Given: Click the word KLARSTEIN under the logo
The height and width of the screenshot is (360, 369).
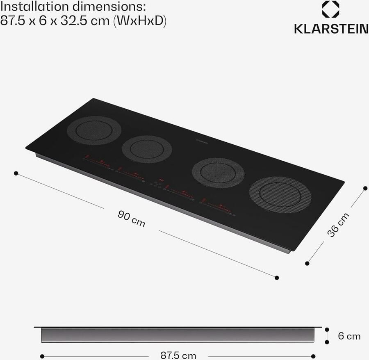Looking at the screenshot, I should pyautogui.click(x=330, y=29).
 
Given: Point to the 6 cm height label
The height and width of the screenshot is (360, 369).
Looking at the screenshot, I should pyautogui.click(x=349, y=336).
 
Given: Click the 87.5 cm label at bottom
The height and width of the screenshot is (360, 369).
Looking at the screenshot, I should pyautogui.click(x=178, y=355).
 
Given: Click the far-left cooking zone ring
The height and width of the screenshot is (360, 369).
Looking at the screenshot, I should pyautogui.click(x=94, y=130).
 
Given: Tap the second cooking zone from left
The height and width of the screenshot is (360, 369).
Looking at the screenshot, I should pyautogui.click(x=147, y=149).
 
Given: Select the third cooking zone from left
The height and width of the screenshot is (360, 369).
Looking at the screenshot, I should pyautogui.click(x=219, y=172).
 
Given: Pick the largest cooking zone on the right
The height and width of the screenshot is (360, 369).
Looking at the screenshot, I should pyautogui.click(x=280, y=194).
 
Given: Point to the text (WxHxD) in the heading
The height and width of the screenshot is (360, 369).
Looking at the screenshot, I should pyautogui.click(x=141, y=21).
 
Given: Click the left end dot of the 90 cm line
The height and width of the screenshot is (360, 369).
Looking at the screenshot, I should pyautogui.click(x=16, y=173).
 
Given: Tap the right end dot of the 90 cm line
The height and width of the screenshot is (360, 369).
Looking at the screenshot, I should pyautogui.click(x=277, y=278).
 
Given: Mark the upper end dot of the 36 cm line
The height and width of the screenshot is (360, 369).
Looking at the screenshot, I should pyautogui.click(x=365, y=188).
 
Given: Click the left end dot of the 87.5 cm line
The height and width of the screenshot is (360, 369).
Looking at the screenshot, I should pyautogui.click(x=42, y=356).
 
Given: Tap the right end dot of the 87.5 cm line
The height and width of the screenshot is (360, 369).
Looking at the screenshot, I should pyautogui.click(x=313, y=356).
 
